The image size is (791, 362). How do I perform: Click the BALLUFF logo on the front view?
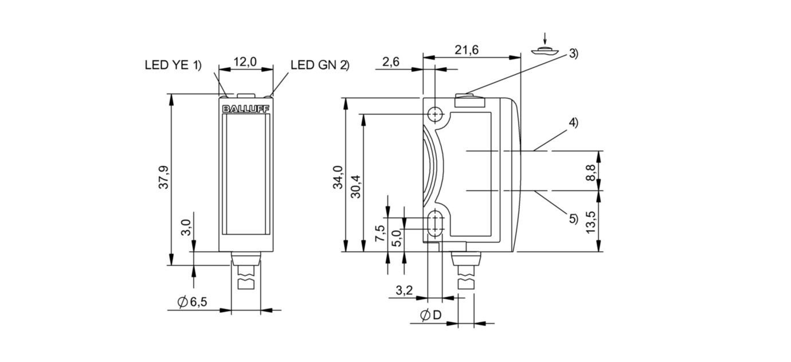(x=246, y=108)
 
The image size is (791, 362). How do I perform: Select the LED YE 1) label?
(x=173, y=65)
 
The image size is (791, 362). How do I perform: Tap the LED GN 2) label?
(x=319, y=65)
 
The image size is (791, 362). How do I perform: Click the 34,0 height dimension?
(x=338, y=177)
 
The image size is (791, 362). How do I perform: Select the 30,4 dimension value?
(x=355, y=185)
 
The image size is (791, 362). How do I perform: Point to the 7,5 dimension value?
(x=379, y=234)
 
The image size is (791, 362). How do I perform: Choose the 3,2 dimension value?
(x=404, y=291)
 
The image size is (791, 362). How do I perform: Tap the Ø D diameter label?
(x=430, y=315)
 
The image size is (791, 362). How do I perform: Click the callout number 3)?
(x=573, y=54)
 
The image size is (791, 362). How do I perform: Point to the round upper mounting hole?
(x=436, y=115)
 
